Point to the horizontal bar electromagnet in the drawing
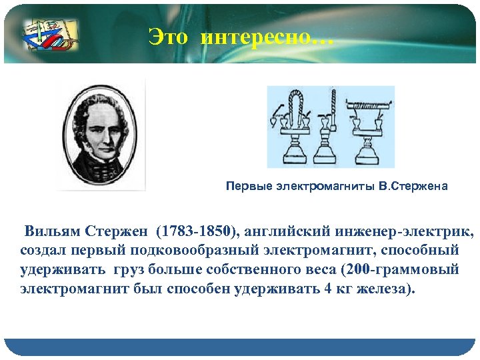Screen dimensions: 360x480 (x=367, y=107)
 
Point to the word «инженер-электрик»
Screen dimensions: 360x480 (x=407, y=231)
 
